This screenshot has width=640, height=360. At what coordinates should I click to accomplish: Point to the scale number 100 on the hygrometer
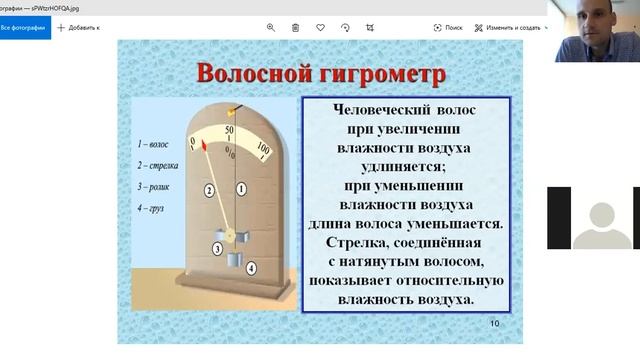[x=263, y=149]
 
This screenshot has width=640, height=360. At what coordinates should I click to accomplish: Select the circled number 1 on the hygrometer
[x=241, y=188]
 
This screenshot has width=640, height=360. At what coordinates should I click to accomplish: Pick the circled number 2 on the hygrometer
[x=209, y=189]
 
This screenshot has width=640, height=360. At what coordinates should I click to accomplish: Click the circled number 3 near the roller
[x=217, y=248]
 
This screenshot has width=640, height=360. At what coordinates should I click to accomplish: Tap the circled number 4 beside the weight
[x=251, y=267]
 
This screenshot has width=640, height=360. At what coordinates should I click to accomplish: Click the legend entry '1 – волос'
[x=153, y=144]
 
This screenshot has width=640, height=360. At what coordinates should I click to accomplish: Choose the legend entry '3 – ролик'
[x=154, y=186]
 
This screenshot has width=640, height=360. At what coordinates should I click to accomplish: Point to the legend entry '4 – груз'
[x=151, y=207]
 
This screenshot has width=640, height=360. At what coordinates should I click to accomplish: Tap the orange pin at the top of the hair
[x=235, y=105]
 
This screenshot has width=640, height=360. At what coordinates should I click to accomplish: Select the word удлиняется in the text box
[x=406, y=167]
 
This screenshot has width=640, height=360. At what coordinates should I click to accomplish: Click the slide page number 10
[x=495, y=323]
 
